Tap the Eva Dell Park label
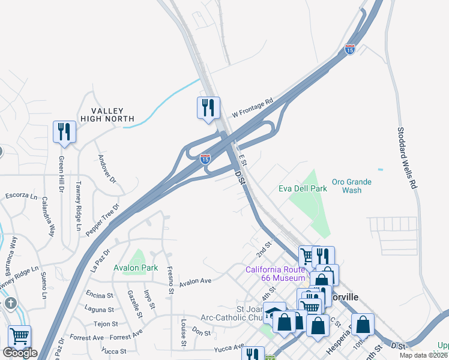click(303, 188)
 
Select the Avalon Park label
click(136, 268)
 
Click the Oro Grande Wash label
click(352, 185)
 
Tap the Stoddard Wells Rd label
click(407, 158)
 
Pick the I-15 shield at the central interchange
click(205, 159)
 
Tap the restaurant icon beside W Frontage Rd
click(207, 107)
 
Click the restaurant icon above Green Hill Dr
click(63, 131)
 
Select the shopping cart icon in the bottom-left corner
click(19, 337)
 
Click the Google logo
click(20, 353)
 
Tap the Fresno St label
click(170, 280)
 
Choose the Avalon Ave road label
click(196, 281)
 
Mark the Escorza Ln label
click(21, 196)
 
